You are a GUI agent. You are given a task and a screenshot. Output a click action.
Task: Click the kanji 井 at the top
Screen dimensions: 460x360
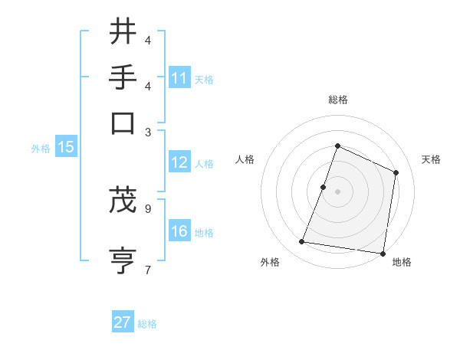tap(123, 32)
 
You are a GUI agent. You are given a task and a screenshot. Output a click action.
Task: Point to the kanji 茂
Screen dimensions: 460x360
tap(123, 199)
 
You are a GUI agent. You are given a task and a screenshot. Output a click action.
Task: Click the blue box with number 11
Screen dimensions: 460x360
tap(179, 78)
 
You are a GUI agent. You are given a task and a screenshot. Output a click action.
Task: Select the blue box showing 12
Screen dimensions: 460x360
tap(179, 162)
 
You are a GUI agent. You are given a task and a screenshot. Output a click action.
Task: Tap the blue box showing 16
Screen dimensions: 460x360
tap(179, 231)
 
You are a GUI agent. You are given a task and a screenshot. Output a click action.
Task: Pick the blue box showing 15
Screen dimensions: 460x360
tap(65, 147)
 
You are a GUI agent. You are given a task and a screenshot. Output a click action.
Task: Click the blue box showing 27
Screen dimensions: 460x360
tap(122, 322)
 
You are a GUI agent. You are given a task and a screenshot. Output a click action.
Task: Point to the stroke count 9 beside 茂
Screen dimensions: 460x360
tap(148, 208)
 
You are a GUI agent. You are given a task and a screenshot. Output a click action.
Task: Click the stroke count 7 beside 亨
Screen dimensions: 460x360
tap(148, 269)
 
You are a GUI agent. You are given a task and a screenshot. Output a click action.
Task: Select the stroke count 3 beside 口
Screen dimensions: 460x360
tap(148, 132)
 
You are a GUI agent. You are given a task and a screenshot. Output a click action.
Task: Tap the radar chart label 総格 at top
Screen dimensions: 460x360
tap(337, 100)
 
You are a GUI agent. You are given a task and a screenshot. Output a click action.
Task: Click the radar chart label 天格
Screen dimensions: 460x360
tap(431, 159)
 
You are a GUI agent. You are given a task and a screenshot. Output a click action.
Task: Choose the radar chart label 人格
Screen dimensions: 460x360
tap(245, 159)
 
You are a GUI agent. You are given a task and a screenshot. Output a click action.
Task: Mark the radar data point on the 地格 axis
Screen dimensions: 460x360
tap(383, 254)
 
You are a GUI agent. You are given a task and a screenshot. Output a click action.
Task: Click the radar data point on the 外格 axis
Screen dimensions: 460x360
tap(302, 242)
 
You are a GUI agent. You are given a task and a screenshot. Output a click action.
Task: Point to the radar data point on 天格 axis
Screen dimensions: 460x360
tap(396, 172)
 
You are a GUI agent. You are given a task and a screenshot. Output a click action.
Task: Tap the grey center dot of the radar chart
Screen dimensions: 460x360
tap(337, 191)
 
